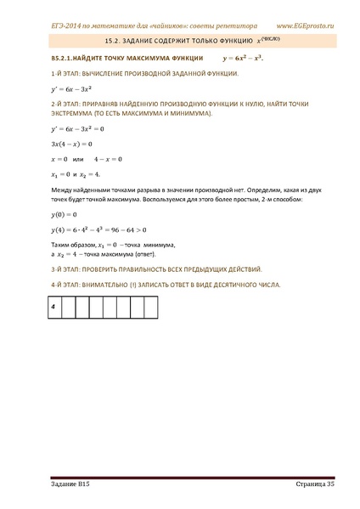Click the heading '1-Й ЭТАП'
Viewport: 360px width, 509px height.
coord(40,75)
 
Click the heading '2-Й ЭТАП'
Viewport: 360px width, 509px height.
coord(40,104)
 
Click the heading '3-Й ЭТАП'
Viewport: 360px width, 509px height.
coord(40,268)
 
